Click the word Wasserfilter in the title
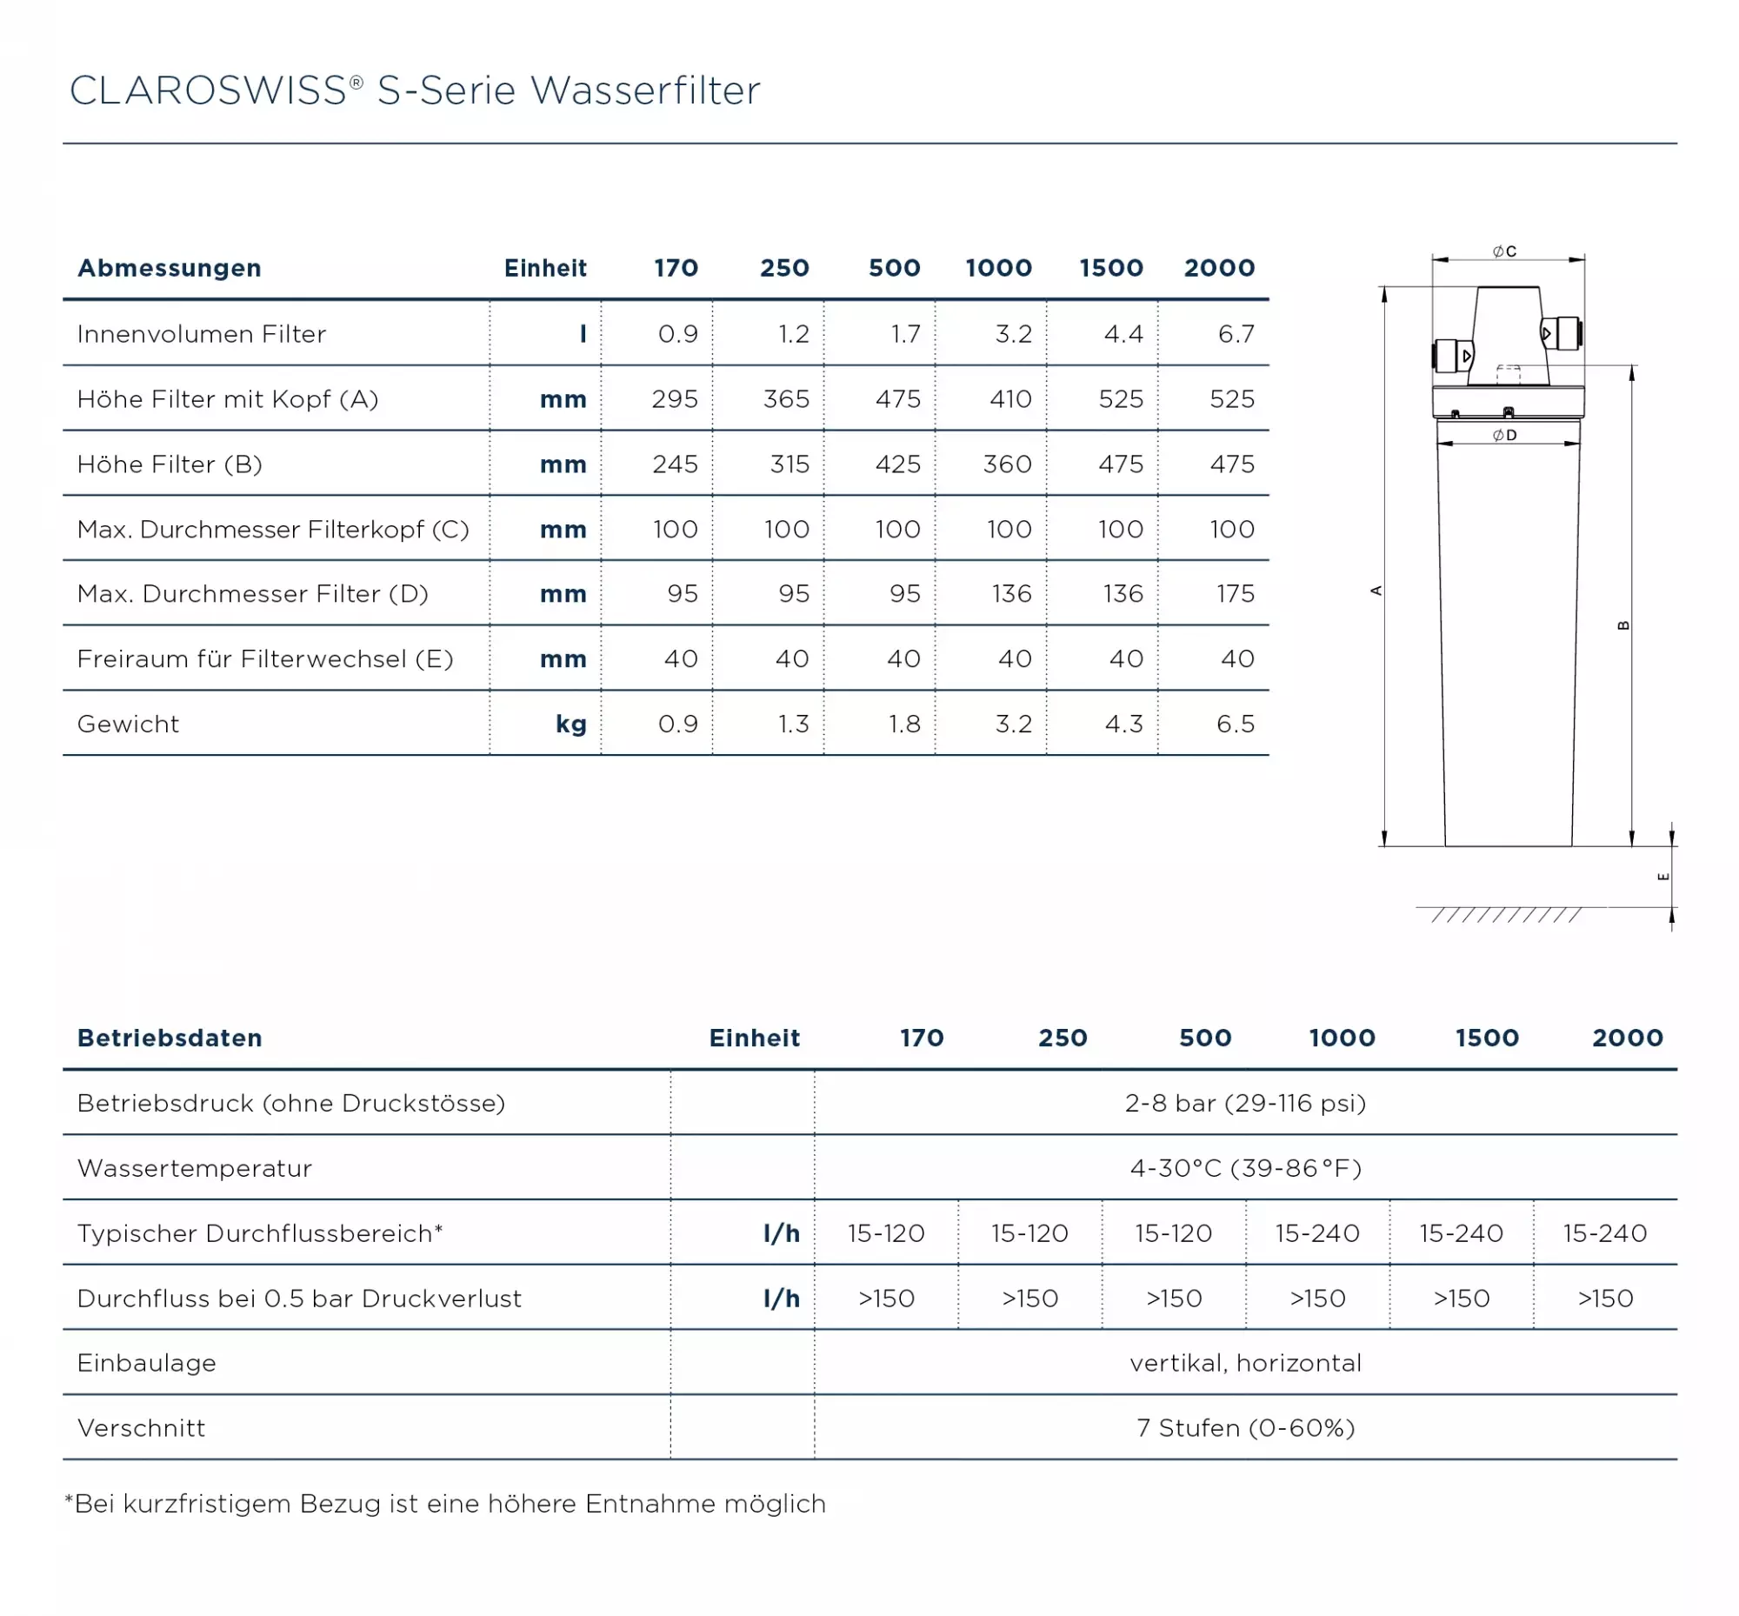pos(645,91)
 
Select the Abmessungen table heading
pos(169,268)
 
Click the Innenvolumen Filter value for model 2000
pos(1236,334)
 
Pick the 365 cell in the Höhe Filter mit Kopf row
pos(785,399)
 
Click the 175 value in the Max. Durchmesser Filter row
pos(1235,594)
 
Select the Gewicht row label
pos(128,724)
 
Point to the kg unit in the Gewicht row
pos(570,724)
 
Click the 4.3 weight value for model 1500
pos(1123,724)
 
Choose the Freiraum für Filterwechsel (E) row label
pos(265,658)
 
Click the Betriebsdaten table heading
pos(170,1038)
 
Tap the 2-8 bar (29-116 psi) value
pos(1244,1103)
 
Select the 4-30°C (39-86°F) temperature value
pos(1245,1168)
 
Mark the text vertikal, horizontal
pos(1245,1362)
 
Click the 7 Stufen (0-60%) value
pos(1245,1428)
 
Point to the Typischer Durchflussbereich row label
pos(260,1233)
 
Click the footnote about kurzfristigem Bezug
pos(445,1503)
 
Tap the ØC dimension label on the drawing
pos(1504,252)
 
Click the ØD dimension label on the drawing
pos(1504,436)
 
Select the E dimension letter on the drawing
pos(1663,876)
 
